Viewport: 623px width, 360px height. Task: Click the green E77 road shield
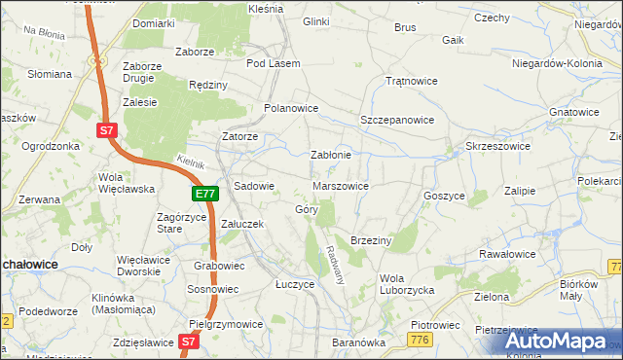[x=204, y=195]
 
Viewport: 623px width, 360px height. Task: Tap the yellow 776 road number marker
[x=420, y=339]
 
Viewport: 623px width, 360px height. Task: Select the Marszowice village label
[x=340, y=185]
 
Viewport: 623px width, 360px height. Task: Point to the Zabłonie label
[x=330, y=155]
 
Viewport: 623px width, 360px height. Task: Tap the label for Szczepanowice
[x=397, y=119]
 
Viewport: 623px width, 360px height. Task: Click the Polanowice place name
[x=292, y=108]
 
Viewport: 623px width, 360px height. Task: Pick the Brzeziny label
[x=370, y=239]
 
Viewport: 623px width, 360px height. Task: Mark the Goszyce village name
[x=444, y=195]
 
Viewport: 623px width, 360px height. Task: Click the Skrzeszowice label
[x=497, y=145]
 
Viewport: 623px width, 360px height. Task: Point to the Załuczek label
[x=243, y=223]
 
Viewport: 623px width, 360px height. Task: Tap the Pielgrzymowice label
[x=226, y=323]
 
